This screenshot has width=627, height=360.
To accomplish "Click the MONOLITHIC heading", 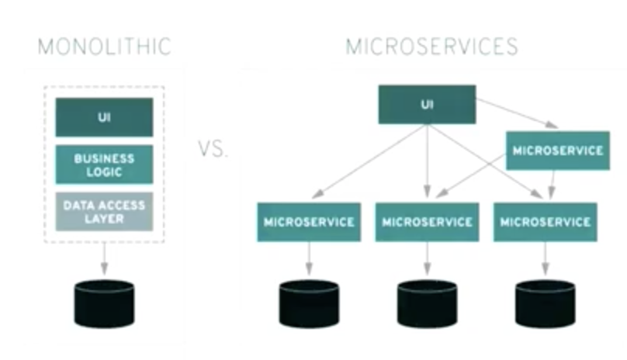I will tap(104, 46).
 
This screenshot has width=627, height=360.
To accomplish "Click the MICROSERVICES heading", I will tap(431, 46).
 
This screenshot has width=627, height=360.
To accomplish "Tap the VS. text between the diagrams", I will tap(213, 148).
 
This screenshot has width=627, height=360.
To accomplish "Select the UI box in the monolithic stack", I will tap(104, 117).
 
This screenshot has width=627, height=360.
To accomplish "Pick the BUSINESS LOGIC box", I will tap(104, 164).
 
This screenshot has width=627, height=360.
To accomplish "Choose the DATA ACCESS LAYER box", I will tap(104, 211).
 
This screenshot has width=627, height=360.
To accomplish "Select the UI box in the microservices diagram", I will tap(426, 105).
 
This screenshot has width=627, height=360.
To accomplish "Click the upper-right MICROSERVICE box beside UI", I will tap(557, 151).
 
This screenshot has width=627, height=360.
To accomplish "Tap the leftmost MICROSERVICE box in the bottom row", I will tap(309, 222).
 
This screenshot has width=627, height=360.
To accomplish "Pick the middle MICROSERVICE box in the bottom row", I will tap(427, 222).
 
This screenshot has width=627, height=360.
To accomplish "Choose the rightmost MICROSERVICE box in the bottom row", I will tap(546, 222).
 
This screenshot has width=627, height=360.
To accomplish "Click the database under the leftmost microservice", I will tap(309, 303).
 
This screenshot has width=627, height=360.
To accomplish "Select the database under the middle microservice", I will tap(427, 303).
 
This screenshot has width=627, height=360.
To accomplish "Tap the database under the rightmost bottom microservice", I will tap(546, 303).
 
